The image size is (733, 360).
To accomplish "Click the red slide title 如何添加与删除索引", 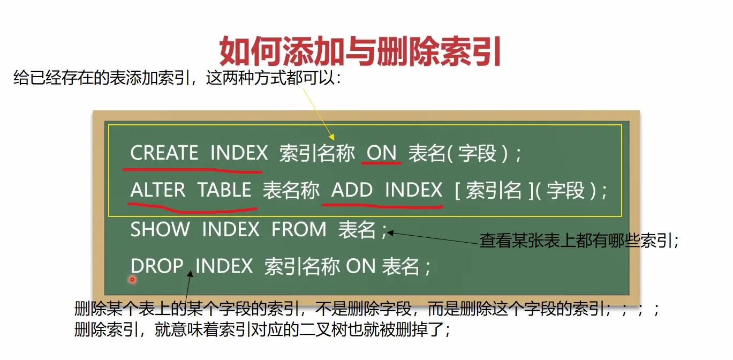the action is (x=360, y=52).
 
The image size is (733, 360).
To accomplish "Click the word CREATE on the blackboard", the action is (x=164, y=153).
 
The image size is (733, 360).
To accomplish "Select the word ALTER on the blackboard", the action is (x=158, y=190).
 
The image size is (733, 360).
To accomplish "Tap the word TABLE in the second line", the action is (x=224, y=190).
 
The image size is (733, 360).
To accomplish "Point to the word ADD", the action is (x=352, y=190).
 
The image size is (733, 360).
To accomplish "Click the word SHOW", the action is (x=160, y=229).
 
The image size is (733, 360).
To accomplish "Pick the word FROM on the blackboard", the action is (x=299, y=229).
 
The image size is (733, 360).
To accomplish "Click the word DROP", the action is (x=157, y=266).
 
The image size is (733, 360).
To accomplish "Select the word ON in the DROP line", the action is (x=360, y=266).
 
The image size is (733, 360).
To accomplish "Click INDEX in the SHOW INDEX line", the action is (x=231, y=229).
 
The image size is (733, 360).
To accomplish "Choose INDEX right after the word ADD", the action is (x=414, y=190).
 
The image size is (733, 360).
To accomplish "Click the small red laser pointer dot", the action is (x=132, y=280).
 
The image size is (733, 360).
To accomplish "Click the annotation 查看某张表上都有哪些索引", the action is (x=579, y=241).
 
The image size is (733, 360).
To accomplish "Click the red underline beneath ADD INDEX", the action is (x=383, y=206).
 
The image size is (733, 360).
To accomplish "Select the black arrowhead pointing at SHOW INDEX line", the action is (x=391, y=234).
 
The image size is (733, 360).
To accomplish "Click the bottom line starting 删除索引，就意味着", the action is (x=262, y=329).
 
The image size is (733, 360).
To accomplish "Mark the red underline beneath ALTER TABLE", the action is (x=192, y=208).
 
